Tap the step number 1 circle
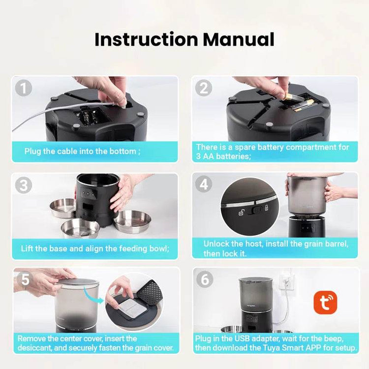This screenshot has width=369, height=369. coord(24,89)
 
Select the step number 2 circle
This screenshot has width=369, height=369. coord(204,89)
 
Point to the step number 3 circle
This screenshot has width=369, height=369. coord(24,185)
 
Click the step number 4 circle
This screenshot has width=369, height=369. coord(204,184)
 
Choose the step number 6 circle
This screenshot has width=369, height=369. coord(204,279)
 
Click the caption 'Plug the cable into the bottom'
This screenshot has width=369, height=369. coord(82,152)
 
